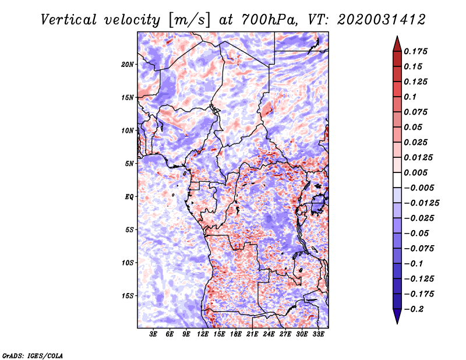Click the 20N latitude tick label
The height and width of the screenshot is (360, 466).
click(x=128, y=65)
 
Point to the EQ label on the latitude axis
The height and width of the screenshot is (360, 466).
click(x=129, y=197)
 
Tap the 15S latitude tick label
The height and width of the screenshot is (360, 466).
click(x=128, y=296)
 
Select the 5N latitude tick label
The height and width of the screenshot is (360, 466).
click(x=129, y=164)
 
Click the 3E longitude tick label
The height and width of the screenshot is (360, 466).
click(x=153, y=334)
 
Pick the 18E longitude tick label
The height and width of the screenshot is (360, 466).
click(x=236, y=334)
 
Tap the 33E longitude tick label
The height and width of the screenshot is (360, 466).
click(x=318, y=334)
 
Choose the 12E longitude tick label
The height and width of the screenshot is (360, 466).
click(x=203, y=334)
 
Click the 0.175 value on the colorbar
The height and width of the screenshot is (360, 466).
click(x=416, y=51)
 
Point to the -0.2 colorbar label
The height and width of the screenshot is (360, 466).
click(x=414, y=309)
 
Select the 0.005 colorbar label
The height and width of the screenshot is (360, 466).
click(x=416, y=172)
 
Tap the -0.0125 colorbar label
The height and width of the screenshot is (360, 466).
click(x=421, y=203)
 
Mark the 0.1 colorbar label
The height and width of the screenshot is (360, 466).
click(x=410, y=97)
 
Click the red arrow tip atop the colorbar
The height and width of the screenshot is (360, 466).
click(x=397, y=36)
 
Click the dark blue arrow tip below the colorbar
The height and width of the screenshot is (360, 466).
click(x=397, y=323)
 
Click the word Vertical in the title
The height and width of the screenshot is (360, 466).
click(x=69, y=20)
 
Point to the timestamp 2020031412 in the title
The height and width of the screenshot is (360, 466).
click(x=382, y=20)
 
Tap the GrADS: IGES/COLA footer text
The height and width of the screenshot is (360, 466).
click(x=33, y=355)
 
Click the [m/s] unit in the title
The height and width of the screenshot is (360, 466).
click(x=190, y=20)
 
